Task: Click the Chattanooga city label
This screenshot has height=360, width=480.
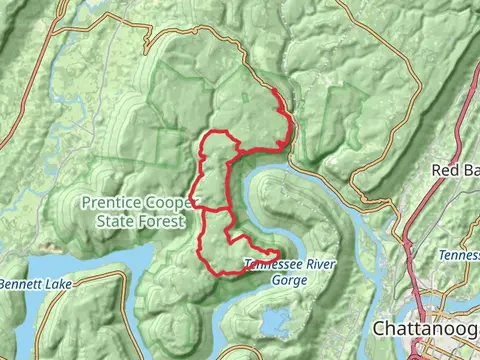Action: [x=425, y=328]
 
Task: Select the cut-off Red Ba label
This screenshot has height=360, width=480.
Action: [x=455, y=170]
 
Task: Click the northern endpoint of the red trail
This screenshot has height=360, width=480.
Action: [x=274, y=91]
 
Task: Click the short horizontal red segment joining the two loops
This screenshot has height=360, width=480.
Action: [x=215, y=209]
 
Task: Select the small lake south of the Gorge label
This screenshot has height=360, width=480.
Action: [x=270, y=320]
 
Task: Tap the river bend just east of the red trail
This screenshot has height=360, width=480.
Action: [x=262, y=185]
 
